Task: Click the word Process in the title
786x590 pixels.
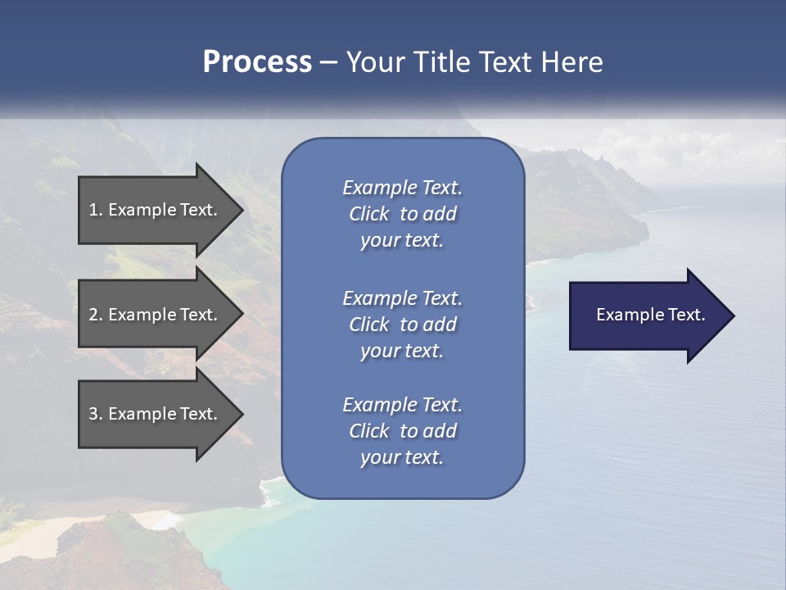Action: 257,62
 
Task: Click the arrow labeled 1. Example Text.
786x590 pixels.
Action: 153,210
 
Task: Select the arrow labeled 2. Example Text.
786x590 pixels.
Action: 153,315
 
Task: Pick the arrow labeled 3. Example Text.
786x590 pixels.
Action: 153,414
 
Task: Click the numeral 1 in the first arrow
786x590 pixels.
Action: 93,210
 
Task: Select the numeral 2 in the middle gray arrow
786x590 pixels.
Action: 93,315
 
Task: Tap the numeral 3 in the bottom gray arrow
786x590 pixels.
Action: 93,414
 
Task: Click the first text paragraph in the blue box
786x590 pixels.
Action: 402,214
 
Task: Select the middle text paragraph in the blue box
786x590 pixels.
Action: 402,324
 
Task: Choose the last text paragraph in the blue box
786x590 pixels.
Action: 402,431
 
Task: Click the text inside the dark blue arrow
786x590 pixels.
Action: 650,315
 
